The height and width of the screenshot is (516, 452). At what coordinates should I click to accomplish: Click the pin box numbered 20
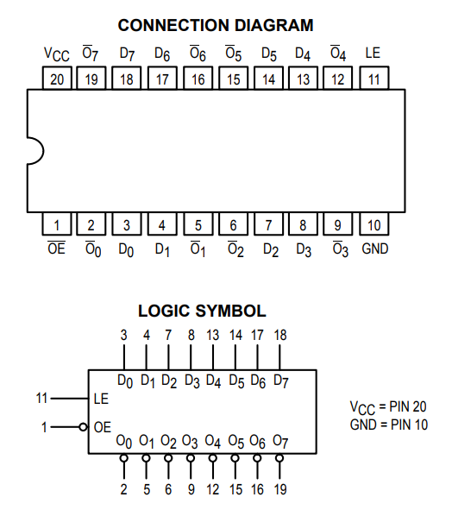click(x=57, y=78)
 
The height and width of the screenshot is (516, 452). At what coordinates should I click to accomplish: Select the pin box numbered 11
click(x=374, y=78)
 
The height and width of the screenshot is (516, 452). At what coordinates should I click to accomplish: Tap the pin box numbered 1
click(x=57, y=223)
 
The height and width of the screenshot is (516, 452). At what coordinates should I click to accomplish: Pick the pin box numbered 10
click(x=374, y=223)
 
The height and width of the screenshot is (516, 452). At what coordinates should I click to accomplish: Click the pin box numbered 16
click(x=198, y=78)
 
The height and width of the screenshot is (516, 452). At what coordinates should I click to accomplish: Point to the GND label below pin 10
click(x=375, y=249)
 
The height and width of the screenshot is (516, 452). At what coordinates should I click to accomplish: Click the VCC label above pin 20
click(x=57, y=54)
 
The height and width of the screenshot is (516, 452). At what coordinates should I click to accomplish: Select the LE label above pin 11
click(x=373, y=53)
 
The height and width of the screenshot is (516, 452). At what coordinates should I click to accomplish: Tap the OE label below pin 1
click(x=57, y=249)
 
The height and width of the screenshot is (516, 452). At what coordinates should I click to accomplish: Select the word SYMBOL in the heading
click(x=230, y=311)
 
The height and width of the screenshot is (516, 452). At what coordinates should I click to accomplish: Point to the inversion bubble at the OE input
click(x=84, y=427)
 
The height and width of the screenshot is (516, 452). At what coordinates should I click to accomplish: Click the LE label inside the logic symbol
click(x=101, y=399)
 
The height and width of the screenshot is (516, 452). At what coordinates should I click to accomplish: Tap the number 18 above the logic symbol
click(x=280, y=335)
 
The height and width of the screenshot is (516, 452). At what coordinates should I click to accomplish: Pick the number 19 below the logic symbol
click(x=280, y=489)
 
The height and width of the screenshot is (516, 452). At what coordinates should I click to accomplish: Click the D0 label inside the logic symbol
click(x=125, y=381)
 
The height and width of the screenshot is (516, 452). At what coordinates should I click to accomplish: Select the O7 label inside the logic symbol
click(x=280, y=442)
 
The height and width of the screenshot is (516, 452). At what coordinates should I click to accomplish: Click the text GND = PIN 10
click(x=389, y=425)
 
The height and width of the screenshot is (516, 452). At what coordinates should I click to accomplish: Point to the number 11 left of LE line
click(x=41, y=398)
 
